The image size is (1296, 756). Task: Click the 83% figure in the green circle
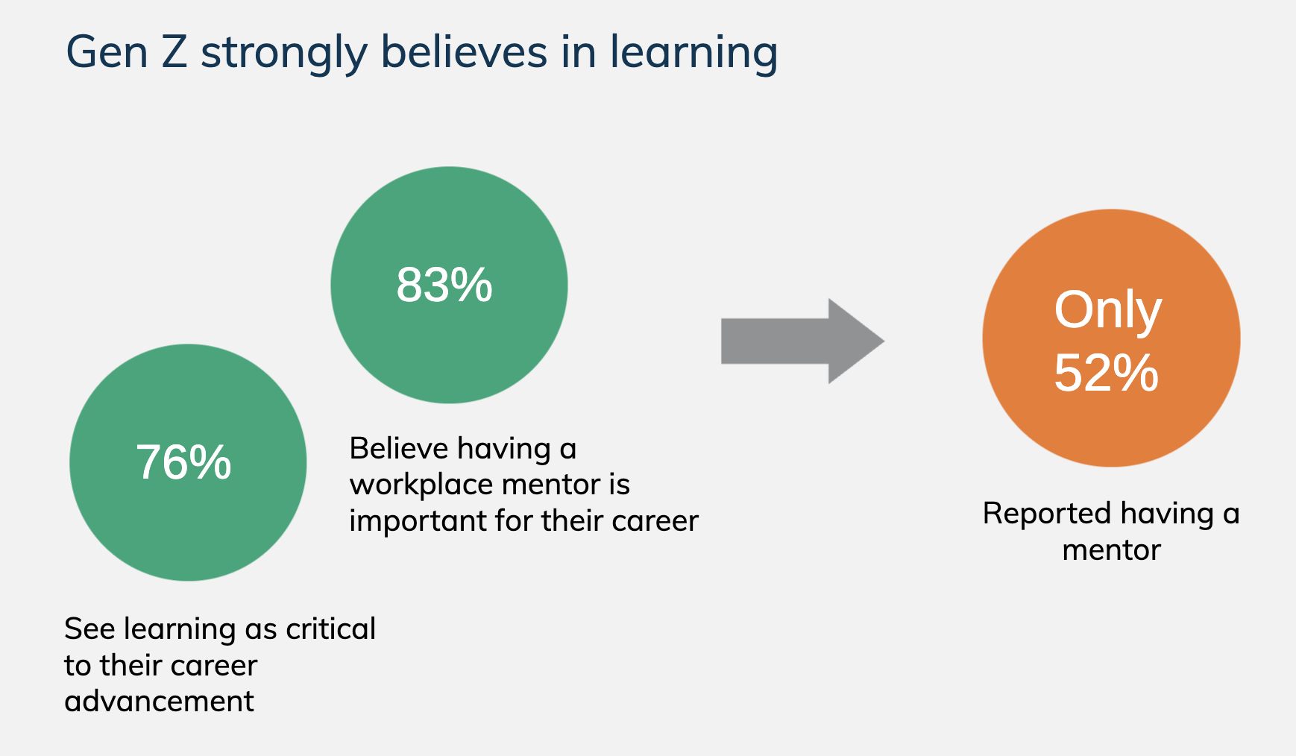tap(444, 285)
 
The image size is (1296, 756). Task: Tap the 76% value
tap(183, 462)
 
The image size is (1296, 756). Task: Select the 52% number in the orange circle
tap(1107, 373)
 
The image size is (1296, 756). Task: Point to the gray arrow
tap(802, 341)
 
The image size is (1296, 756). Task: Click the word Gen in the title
tap(107, 52)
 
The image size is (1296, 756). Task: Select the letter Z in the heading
tap(174, 52)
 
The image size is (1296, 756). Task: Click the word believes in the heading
tap(464, 52)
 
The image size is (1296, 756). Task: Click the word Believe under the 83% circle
tap(397, 449)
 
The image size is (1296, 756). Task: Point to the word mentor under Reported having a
tap(1111, 550)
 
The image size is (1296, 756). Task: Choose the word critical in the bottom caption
tap(331, 629)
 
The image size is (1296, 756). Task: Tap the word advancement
tap(160, 701)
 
